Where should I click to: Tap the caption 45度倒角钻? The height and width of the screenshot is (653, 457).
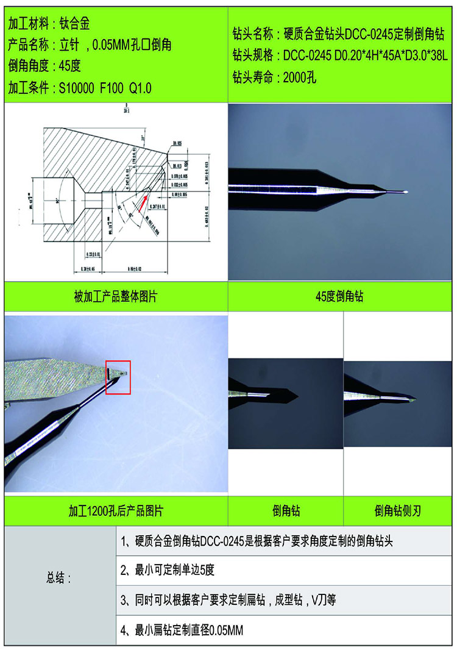click(x=341, y=296)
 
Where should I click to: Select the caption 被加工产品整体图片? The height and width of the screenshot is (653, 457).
click(x=116, y=296)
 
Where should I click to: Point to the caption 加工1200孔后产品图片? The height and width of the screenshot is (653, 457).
click(x=116, y=510)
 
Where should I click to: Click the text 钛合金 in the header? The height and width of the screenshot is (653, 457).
click(x=75, y=24)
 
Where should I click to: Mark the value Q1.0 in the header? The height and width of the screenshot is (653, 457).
click(x=140, y=88)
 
